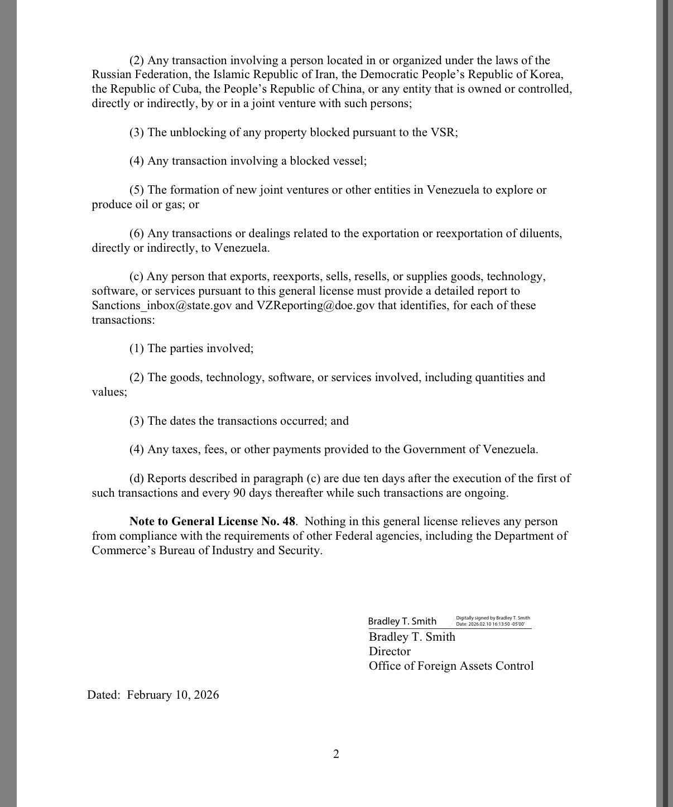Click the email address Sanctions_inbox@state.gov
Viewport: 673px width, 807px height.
tap(161, 306)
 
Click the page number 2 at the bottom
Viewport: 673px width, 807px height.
tap(336, 754)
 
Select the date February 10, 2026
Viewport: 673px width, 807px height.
tap(173, 695)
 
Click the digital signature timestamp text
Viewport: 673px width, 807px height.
tap(493, 621)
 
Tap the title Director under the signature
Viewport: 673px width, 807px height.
tap(390, 651)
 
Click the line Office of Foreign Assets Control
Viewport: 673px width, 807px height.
tap(451, 666)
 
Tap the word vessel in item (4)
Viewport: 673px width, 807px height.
tap(348, 161)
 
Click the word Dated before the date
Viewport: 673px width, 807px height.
tap(103, 695)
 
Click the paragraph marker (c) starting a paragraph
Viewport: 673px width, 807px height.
tap(137, 277)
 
